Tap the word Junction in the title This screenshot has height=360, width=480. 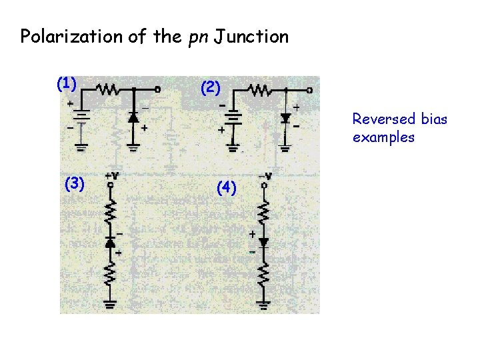[256, 36]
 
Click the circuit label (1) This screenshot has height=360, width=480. [66, 83]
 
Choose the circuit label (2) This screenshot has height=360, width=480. [210, 87]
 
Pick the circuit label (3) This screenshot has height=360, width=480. [74, 183]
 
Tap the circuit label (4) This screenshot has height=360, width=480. [227, 189]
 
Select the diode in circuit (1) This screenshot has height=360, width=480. [133, 117]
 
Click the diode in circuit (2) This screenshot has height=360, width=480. [285, 118]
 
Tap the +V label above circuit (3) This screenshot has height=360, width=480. [112, 176]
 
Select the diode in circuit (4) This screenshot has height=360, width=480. [263, 243]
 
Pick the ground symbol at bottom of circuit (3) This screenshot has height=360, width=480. [111, 304]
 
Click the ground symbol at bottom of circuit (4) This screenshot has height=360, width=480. [264, 304]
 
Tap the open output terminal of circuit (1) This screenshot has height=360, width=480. [158, 89]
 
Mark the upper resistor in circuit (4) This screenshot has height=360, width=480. [264, 212]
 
